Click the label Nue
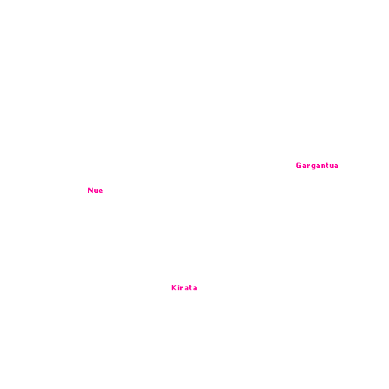point(95,191)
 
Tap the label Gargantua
point(317,166)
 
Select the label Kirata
point(184,288)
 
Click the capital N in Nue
point(90,191)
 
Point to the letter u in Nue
point(96,191)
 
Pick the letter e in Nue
point(101,191)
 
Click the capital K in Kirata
point(174,288)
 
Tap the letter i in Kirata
point(179,288)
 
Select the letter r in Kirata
point(182,289)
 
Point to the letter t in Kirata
point(191,288)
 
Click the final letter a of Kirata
point(195,289)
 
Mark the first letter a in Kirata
point(186,289)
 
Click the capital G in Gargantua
point(299,166)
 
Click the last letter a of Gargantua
point(337,166)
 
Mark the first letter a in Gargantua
point(304,166)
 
